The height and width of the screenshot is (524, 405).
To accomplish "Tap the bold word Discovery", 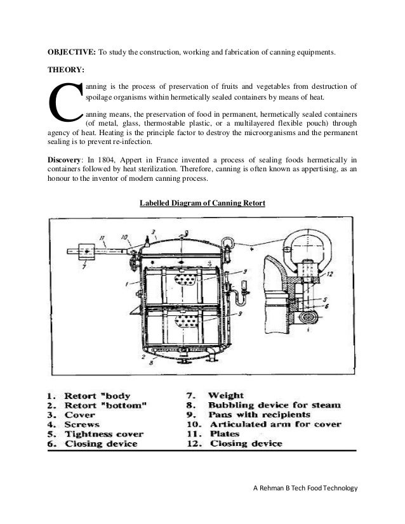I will coord(69,159).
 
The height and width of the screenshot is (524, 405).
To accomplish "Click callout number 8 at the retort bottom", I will coord(149,364).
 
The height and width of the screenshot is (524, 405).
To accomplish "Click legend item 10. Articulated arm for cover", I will coord(266,424).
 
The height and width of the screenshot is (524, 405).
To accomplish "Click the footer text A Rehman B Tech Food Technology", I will coord(305,488).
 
